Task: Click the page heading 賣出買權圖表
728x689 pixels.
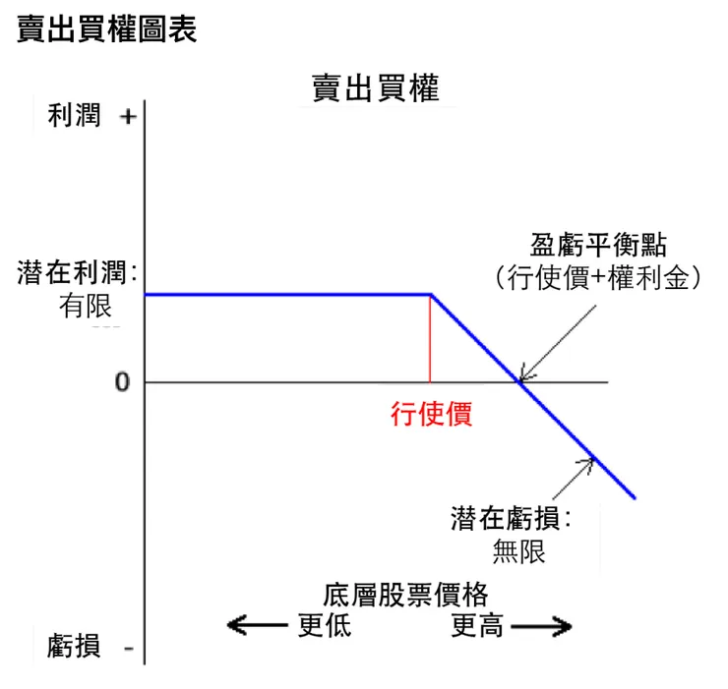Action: click(107, 29)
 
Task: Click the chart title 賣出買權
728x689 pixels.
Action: click(376, 88)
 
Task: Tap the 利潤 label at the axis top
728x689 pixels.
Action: click(74, 117)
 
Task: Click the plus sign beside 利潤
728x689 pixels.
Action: click(127, 117)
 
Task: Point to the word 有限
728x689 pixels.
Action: click(86, 307)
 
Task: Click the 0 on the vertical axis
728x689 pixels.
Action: click(122, 382)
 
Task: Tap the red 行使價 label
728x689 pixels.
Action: click(431, 414)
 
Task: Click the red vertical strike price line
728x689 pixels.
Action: click(430, 338)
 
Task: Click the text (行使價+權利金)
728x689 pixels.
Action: click(599, 278)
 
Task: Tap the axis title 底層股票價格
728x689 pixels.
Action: click(405, 595)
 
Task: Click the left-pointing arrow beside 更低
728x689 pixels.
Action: click(258, 625)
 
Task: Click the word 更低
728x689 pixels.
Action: click(324, 625)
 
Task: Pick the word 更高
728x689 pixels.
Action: click(477, 625)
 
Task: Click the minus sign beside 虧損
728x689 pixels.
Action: click(129, 648)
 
